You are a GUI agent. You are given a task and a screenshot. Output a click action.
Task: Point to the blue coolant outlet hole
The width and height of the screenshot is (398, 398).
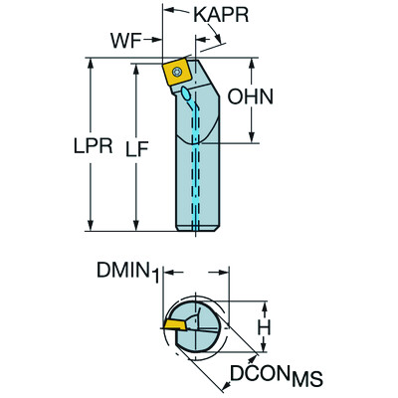pyautogui.click(x=187, y=96)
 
